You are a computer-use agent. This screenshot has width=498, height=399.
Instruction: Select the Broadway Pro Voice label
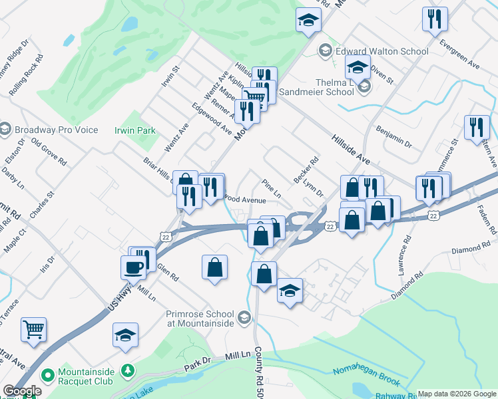55,130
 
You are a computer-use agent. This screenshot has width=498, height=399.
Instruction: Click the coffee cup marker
133,267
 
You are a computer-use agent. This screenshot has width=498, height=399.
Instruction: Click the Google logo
22,391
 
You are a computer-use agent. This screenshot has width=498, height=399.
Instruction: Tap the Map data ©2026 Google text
456,394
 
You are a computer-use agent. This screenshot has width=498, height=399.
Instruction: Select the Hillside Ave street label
350,150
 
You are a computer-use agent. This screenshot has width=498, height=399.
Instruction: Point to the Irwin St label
176,78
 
